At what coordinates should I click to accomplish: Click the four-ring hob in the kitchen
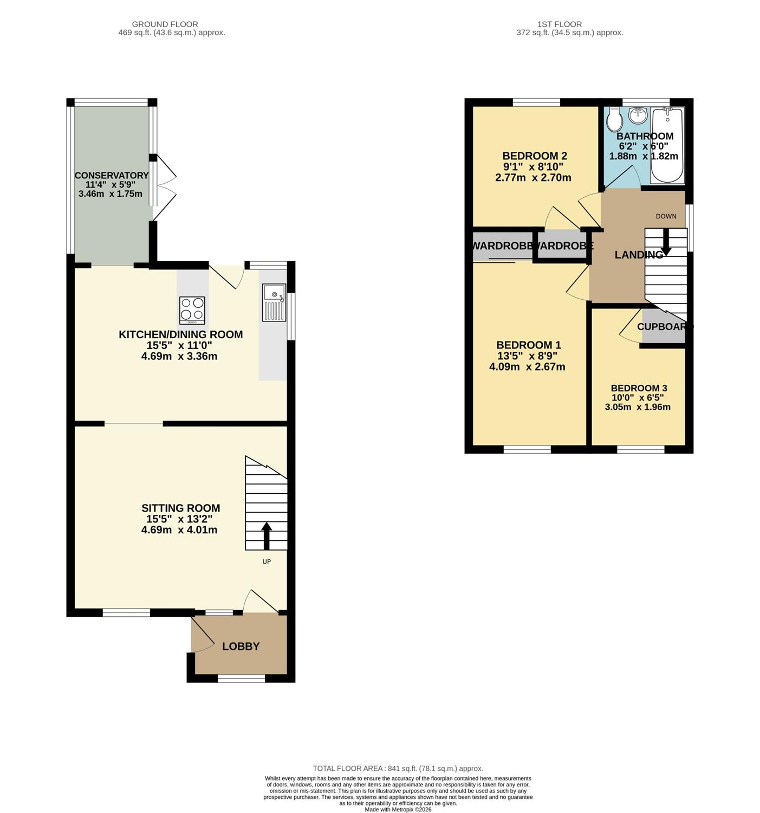click(x=192, y=311)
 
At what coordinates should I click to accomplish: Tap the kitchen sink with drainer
click(x=274, y=302)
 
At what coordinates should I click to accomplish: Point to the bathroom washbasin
click(x=637, y=115)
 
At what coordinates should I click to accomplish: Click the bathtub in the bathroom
click(x=667, y=145)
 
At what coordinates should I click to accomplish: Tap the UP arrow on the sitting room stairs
click(x=267, y=535)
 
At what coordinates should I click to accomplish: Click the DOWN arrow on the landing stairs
click(x=666, y=242)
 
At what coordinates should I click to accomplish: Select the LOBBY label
click(x=241, y=647)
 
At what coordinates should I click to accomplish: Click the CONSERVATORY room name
click(x=112, y=175)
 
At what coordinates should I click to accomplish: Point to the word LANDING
click(x=639, y=255)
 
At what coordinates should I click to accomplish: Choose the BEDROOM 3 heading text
click(x=639, y=388)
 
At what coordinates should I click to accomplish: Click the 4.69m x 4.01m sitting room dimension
click(x=179, y=530)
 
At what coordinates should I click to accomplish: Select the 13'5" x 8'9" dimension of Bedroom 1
click(x=527, y=356)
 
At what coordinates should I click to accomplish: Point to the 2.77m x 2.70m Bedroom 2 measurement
click(x=533, y=178)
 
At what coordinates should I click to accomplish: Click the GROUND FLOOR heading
click(x=165, y=24)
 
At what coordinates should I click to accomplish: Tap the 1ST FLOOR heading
click(x=560, y=24)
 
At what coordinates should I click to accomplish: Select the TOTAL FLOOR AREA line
click(x=398, y=769)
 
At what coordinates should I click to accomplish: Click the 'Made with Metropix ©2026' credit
click(x=398, y=809)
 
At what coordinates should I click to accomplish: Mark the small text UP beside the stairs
click(x=267, y=561)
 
